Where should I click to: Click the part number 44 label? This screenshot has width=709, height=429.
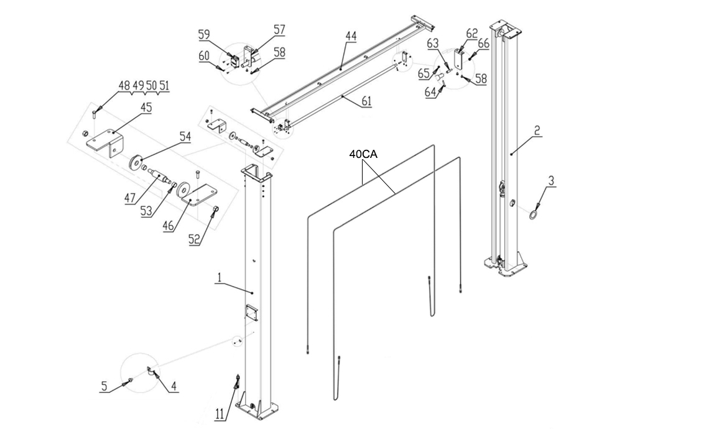point(351,37)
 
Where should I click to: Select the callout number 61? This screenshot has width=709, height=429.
point(367,101)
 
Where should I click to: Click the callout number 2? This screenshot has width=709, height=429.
point(537,131)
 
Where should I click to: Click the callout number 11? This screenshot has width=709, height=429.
point(219,413)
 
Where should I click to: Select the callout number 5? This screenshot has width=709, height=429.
point(104,387)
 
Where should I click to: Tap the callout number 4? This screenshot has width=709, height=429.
point(174,387)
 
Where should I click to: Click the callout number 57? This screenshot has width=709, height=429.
point(279,29)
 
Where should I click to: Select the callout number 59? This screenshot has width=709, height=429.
point(205,34)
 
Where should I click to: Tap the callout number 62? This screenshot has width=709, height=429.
point(472,34)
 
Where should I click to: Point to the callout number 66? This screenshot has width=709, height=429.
point(483,44)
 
